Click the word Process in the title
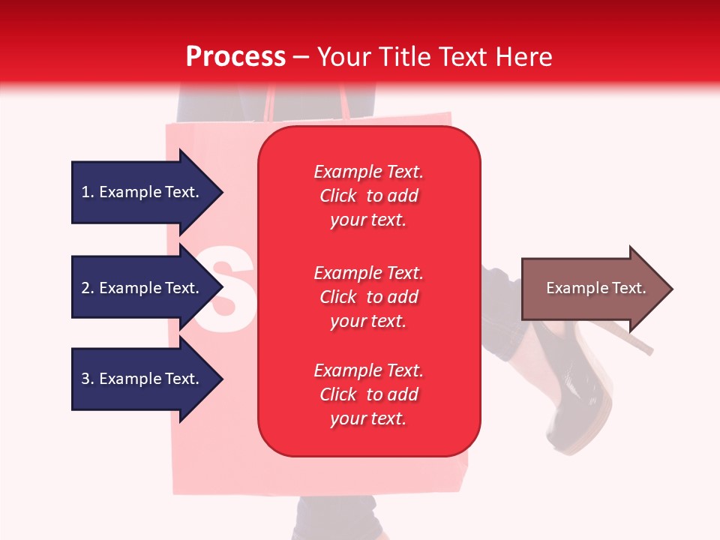(x=235, y=57)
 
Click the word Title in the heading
(x=405, y=57)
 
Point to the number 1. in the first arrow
(x=88, y=192)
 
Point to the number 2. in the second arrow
(x=88, y=288)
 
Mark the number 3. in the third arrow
(x=88, y=379)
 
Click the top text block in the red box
(x=368, y=196)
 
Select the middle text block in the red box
(x=368, y=297)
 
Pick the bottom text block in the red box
(x=368, y=394)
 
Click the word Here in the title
(x=525, y=57)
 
